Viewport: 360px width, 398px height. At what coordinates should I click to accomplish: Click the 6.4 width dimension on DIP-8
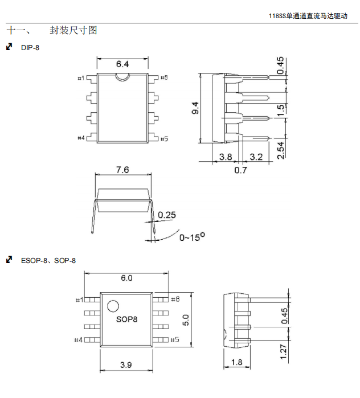coord(122,64)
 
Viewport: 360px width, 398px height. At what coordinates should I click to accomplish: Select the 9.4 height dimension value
coord(195,108)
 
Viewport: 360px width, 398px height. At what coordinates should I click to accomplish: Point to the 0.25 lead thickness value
coord(167,215)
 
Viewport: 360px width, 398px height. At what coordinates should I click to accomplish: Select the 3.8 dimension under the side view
coord(225,157)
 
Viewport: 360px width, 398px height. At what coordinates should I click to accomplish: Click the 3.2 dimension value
coord(256,157)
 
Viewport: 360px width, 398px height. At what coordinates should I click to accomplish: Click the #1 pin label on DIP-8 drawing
coord(81,78)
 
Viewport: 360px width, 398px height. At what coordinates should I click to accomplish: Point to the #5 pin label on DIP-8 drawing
coord(163,138)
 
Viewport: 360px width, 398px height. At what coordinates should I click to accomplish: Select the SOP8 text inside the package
coord(126,319)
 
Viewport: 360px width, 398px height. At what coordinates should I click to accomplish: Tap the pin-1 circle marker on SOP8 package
coord(113,305)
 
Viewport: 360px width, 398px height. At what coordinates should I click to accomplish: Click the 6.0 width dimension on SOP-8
coord(126,278)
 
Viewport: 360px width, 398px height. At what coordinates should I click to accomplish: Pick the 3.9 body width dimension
coord(126,364)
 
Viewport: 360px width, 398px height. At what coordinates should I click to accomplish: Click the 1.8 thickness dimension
coord(236,362)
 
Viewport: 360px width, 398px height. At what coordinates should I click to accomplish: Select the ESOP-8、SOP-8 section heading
coord(48,260)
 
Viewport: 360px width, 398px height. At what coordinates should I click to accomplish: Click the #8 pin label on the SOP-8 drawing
coord(175,299)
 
